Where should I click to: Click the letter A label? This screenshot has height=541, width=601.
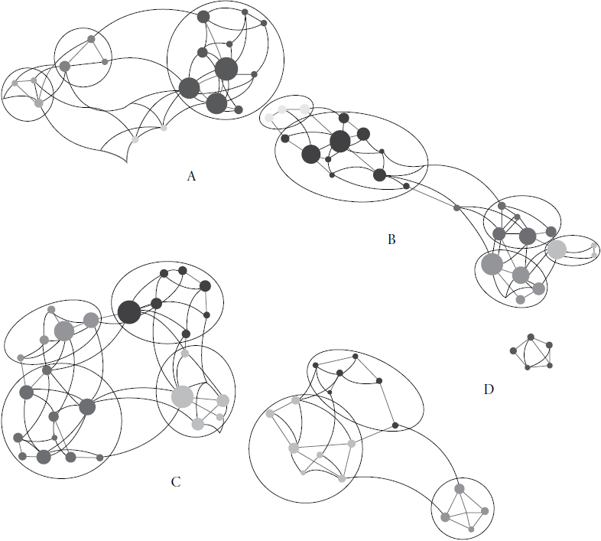pos(191,177)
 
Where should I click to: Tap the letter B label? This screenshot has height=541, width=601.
pos(391,240)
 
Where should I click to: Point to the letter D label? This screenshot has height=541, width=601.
pos(489,389)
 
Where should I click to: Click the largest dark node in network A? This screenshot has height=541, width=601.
pos(226,69)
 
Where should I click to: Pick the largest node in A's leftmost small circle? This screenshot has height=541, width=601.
pos(38,102)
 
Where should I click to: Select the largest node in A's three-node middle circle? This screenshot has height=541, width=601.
pos(65,67)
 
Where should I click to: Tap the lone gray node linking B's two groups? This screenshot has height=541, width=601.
pos(456,207)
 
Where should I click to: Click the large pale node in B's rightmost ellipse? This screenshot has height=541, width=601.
pos(556,249)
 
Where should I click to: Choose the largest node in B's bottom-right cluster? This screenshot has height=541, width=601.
pos(492,264)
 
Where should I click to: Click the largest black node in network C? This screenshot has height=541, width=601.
pos(129,311)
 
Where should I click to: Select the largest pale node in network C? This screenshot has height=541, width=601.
pos(182,396)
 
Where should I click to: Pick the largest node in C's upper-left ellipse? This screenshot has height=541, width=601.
pos(64,331)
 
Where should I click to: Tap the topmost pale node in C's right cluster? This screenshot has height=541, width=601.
pos(185,354)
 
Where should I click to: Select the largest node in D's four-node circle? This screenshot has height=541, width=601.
pos(460,489)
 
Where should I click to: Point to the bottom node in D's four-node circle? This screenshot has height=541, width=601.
pos(473,528)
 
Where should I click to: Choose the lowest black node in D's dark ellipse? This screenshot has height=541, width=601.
pos(395,425)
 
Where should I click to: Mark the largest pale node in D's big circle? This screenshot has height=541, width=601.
pos(293,448)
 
